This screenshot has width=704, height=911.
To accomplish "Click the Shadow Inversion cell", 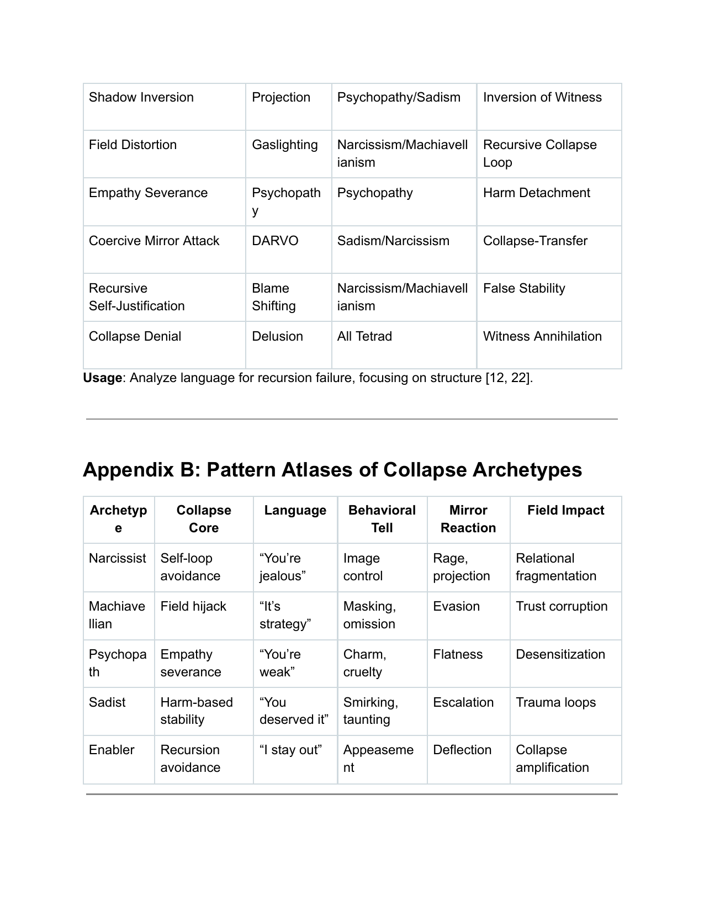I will pos(141,98).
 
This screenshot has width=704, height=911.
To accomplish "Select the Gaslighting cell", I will pos(285,145).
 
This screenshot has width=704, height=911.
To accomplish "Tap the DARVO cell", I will pos(275,241).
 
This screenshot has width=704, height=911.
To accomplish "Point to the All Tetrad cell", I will pos(364,337).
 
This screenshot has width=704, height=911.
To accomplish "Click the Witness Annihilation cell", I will pos(542,337).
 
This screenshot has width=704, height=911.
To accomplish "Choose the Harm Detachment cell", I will pos(536,193).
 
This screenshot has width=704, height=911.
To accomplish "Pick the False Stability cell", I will pos(524,289).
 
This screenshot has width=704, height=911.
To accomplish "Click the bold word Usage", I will pos(102,378).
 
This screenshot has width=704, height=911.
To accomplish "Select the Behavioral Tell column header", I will pos(382,519).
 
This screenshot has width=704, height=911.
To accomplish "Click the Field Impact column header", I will pos(565,511).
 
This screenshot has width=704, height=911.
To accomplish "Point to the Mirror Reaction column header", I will pos(468,519).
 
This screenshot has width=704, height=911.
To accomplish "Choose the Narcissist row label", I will pos(118,559).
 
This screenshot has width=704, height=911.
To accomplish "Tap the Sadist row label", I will pos(107,703).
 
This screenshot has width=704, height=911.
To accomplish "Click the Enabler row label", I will pos(112,750).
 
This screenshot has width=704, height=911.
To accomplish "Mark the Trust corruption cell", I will pos(562,607).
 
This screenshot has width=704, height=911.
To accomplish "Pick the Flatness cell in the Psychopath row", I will pos(458,655).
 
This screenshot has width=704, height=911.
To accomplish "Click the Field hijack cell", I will pos(193,607).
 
